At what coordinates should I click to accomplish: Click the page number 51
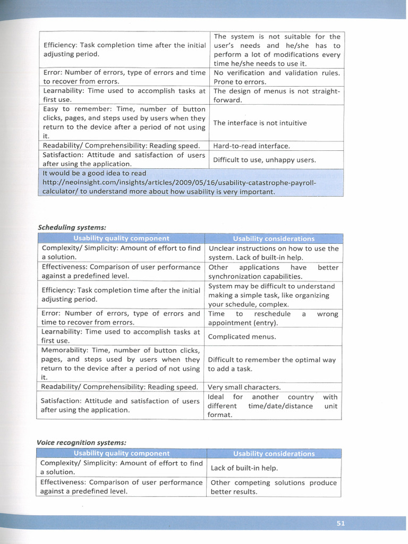click(341, 523)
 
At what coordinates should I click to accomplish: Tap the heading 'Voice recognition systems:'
click(81, 442)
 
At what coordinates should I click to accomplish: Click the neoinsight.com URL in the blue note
click(179, 182)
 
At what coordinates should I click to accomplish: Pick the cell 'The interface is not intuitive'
click(260, 123)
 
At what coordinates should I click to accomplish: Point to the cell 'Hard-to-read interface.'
click(251, 146)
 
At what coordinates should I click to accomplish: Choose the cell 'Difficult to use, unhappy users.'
click(264, 159)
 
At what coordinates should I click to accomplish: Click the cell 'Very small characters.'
click(244, 387)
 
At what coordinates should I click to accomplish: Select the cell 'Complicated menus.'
click(242, 336)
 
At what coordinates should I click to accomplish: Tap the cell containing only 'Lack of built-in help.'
click(244, 468)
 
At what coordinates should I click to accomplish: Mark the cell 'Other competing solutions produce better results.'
click(274, 487)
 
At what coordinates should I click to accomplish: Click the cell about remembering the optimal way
click(271, 364)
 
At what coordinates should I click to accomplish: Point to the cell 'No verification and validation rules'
click(276, 77)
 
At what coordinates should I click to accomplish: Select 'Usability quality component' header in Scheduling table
click(121, 239)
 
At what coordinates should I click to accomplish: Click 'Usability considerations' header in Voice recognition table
click(274, 454)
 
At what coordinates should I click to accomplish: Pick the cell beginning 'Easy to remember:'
click(124, 122)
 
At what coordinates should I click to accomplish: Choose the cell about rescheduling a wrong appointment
click(273, 318)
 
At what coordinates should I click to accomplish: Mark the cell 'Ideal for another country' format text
click(273, 406)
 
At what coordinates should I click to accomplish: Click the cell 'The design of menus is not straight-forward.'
click(276, 96)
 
